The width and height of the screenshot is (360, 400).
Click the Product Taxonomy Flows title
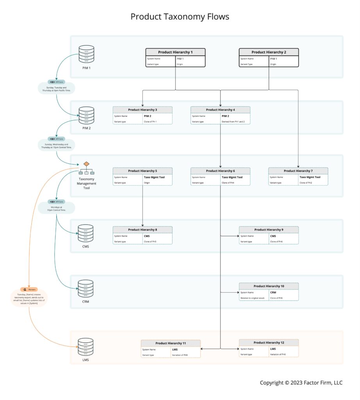(x=180, y=17)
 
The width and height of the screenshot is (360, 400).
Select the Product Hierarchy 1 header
(x=175, y=52)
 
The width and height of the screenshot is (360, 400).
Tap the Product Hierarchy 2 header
(x=269, y=52)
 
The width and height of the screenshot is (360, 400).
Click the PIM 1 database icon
(x=86, y=54)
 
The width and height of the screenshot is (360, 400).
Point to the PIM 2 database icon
(x=86, y=116)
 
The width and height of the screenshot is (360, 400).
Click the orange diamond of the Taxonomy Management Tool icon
(x=86, y=164)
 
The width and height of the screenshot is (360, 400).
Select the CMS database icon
(x=86, y=233)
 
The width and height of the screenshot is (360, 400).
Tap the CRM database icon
(x=86, y=289)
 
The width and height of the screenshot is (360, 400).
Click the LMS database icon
(x=86, y=347)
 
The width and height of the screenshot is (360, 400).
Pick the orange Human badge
(x=29, y=289)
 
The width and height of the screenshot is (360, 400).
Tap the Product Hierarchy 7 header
(x=298, y=171)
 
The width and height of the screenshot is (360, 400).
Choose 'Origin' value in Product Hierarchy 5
(x=147, y=182)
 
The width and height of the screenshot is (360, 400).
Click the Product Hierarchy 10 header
(x=269, y=286)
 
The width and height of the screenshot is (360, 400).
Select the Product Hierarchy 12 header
(x=269, y=343)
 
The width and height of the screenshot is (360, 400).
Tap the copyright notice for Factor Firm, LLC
(x=301, y=382)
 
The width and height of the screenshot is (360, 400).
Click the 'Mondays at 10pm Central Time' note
(x=57, y=208)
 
